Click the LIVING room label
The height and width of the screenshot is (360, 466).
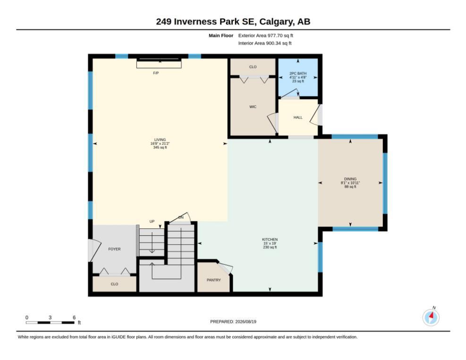click(160, 140)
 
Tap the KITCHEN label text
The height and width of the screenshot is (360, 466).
click(270, 239)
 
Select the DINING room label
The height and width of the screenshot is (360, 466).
click(350, 179)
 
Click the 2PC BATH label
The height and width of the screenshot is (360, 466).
click(298, 73)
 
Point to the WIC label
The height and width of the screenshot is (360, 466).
click(253, 107)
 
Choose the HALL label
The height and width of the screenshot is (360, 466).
click(298, 117)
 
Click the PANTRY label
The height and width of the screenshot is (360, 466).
click(214, 280)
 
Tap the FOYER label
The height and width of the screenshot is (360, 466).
click(114, 249)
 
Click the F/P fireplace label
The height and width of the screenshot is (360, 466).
click(156, 73)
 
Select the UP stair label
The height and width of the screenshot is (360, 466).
click(152, 221)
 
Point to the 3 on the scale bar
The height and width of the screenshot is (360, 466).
click(50, 318)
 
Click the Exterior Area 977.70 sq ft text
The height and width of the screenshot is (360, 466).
click(265, 35)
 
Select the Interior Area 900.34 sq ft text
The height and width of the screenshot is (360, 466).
click(264, 43)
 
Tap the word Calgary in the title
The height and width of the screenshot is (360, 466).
click(275, 22)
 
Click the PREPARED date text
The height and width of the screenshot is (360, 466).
click(233, 321)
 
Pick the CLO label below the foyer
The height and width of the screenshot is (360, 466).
click(114, 284)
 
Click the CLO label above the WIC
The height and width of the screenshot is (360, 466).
click(253, 67)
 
